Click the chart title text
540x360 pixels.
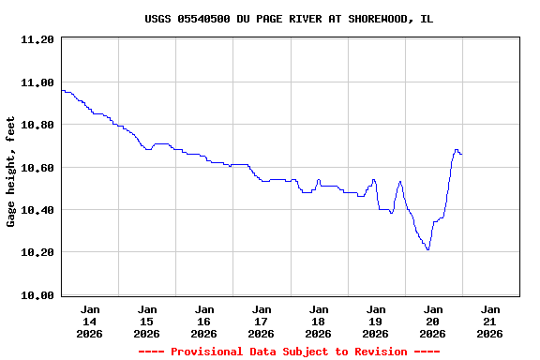pyautogui.click(x=289, y=19)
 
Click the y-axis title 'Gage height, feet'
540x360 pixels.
pyautogui.click(x=11, y=172)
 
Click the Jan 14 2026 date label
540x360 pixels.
pyautogui.click(x=90, y=321)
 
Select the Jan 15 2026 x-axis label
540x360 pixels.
pyautogui.click(x=147, y=321)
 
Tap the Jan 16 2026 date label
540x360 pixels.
pyautogui.click(x=204, y=321)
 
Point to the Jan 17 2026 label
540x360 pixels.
pyautogui.click(x=262, y=321)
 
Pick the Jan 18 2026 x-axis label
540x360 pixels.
pyautogui.click(x=319, y=321)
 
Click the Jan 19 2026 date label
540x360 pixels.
pyautogui.click(x=376, y=321)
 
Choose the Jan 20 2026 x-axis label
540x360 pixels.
pyautogui.click(x=433, y=321)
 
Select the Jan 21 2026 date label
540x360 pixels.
pyautogui.click(x=490, y=321)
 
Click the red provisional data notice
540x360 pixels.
pyautogui.click(x=289, y=352)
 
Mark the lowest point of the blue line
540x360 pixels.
pyautogui.click(x=427, y=249)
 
